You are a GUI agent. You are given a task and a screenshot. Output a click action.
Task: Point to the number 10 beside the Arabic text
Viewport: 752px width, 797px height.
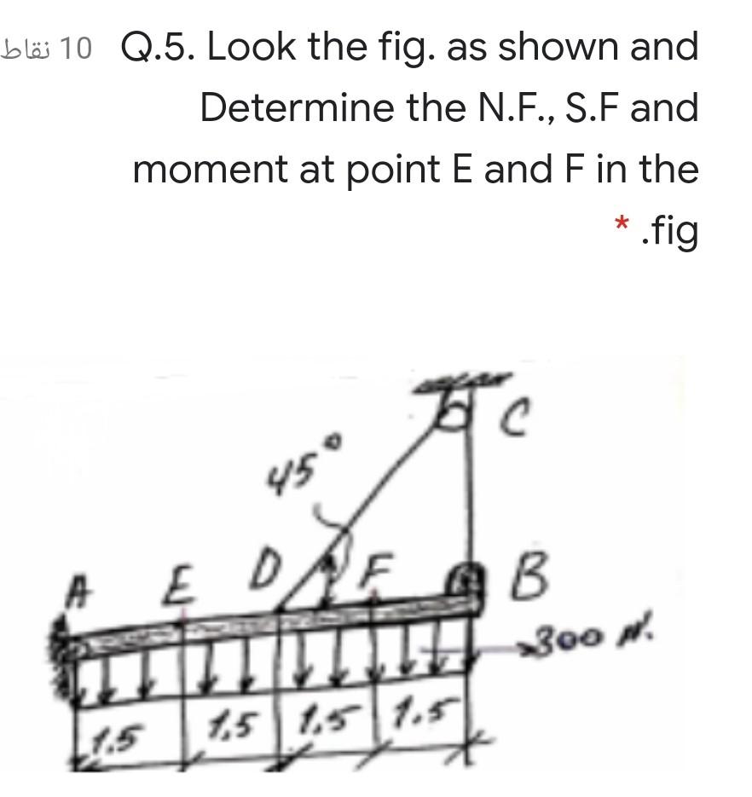[x=77, y=49]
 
